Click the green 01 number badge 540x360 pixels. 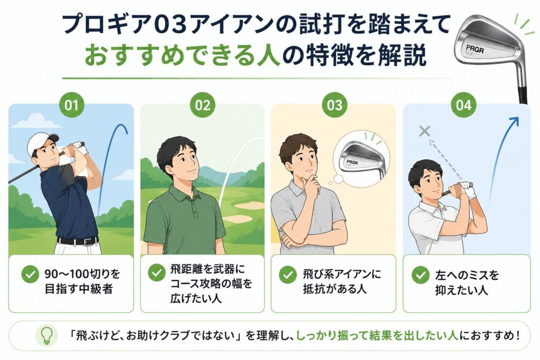point(71,105)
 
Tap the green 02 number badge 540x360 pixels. point(202,105)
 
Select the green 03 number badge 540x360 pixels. point(334,105)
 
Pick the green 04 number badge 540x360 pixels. point(464,105)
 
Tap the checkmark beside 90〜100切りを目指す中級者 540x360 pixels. point(30,274)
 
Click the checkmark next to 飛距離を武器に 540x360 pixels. point(157,273)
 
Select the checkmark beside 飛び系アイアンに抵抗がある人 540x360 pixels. point(287,275)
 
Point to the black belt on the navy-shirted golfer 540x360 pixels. point(78,240)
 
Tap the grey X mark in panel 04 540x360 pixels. point(425,131)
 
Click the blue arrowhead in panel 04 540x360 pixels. point(515,121)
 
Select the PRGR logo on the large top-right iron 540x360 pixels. point(475,48)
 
